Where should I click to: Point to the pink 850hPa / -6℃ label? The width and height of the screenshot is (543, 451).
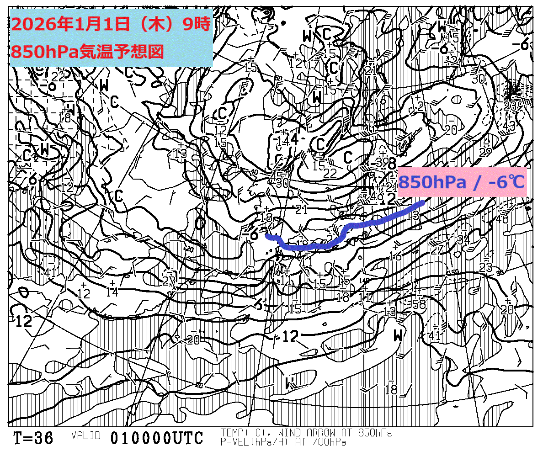(x=462, y=182)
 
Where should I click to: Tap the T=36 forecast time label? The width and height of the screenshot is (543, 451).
(x=33, y=438)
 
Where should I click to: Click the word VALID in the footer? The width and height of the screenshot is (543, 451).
(x=85, y=435)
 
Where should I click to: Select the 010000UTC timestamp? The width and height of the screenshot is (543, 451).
(x=156, y=438)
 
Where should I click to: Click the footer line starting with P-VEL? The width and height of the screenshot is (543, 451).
(x=283, y=442)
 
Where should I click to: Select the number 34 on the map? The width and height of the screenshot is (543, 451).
(x=463, y=239)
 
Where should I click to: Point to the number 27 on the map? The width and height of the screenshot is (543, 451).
(x=437, y=250)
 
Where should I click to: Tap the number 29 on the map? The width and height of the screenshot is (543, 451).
(x=485, y=151)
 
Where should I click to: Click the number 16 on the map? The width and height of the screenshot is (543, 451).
(x=395, y=256)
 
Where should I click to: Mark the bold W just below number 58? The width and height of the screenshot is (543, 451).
(x=399, y=336)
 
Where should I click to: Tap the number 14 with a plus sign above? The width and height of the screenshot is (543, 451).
(x=112, y=291)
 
